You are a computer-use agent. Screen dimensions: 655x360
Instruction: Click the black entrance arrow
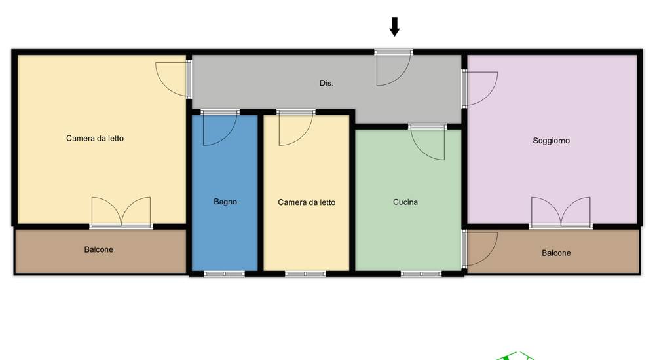point(394,26)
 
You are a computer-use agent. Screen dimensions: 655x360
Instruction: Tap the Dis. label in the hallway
point(326,83)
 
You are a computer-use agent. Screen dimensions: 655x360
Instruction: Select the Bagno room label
point(225,202)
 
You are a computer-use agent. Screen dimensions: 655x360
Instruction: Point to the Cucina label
point(405,202)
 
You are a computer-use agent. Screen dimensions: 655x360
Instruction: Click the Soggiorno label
point(551,141)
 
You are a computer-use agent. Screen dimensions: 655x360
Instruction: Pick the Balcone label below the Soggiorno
point(556,253)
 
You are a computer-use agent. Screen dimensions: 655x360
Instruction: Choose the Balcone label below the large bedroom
point(99,250)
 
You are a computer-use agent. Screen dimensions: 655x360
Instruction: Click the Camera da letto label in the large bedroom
point(95,138)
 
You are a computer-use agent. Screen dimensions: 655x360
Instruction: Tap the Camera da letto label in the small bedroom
point(307,202)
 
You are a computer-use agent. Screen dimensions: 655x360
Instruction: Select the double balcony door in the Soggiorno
point(561,211)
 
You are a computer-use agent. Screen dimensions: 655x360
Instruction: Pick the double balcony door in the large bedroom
point(121,211)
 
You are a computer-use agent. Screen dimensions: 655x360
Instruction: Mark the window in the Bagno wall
point(224,274)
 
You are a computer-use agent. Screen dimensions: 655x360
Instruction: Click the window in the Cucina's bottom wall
point(421,274)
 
